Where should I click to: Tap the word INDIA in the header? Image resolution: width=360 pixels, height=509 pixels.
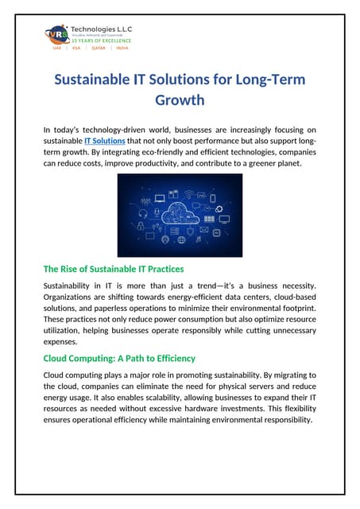pyautogui.click(x=122, y=48)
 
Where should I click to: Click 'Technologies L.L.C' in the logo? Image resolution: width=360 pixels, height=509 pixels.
pyautogui.click(x=103, y=29)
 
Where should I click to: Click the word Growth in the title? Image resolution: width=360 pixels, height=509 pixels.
pyautogui.click(x=180, y=101)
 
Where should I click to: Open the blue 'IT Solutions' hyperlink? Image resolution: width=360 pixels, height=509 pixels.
pyautogui.click(x=104, y=141)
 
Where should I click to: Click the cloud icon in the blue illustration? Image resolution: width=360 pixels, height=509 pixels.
pyautogui.click(x=180, y=212)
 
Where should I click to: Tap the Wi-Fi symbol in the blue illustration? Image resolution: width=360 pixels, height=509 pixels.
pyautogui.click(x=188, y=193)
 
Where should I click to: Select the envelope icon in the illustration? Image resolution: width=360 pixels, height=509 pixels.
pyautogui.click(x=204, y=230)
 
